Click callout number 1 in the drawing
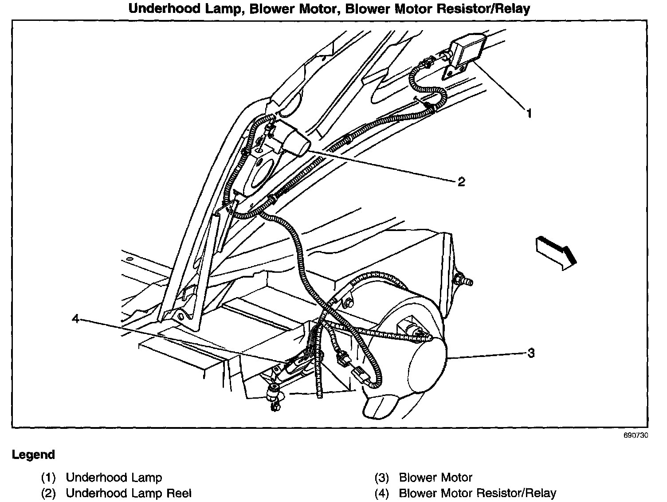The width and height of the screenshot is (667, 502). click(x=529, y=113)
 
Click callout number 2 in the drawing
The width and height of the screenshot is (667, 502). click(x=461, y=181)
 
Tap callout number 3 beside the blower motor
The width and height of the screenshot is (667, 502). click(x=531, y=353)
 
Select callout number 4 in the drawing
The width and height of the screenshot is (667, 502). click(x=76, y=318)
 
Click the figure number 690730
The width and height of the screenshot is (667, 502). click(x=636, y=435)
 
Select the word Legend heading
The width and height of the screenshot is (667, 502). click(x=33, y=455)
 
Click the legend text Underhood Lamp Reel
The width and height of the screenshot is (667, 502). click(x=129, y=493)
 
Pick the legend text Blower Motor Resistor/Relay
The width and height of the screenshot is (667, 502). click(x=477, y=493)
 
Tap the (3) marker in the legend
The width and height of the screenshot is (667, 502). click(x=381, y=478)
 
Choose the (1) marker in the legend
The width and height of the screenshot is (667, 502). click(x=48, y=478)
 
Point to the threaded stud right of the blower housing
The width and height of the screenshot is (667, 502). click(x=463, y=281)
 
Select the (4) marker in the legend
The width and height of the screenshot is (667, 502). click(x=381, y=493)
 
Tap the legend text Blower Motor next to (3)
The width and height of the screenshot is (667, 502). click(x=436, y=478)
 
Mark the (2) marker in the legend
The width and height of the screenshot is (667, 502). click(x=48, y=493)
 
